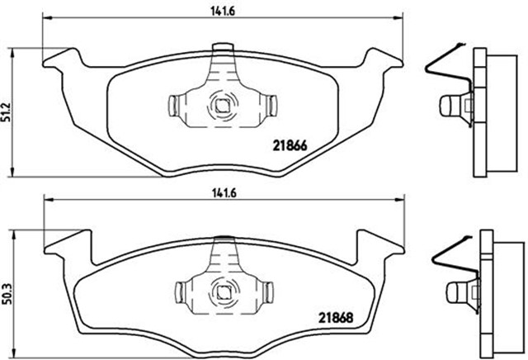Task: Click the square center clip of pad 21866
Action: [222, 105]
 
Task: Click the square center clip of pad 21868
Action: [222, 291]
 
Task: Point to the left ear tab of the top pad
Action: [61, 60]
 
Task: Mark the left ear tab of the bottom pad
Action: [63, 243]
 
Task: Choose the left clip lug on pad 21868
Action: [185, 291]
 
